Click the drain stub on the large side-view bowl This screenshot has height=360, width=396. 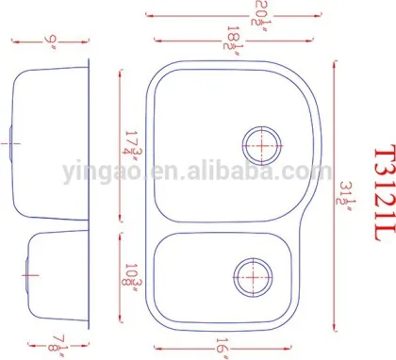coord(8,144)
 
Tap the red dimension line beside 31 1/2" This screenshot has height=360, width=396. coord(336,188)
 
